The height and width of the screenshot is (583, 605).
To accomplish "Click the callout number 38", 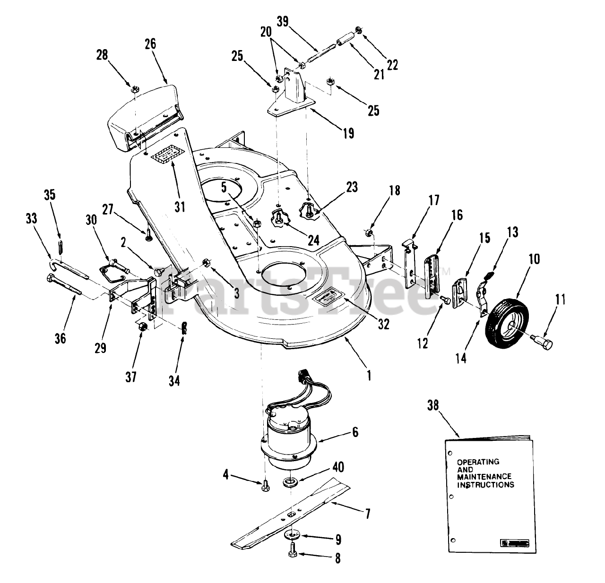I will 432,405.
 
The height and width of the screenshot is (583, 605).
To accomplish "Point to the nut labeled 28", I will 134,87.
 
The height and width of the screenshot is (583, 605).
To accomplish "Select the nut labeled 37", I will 142,327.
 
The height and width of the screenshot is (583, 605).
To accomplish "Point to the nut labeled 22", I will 359,32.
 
